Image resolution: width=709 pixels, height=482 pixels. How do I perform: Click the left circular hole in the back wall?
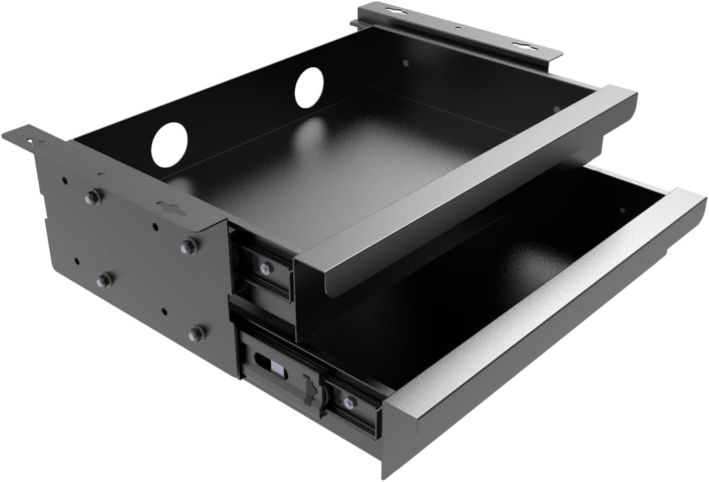tap(169, 144)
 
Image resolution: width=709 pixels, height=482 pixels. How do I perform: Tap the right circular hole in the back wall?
tap(309, 88)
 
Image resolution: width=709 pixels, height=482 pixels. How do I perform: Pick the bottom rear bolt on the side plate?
tap(104, 281)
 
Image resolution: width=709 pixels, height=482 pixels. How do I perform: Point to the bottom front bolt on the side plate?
tap(196, 334)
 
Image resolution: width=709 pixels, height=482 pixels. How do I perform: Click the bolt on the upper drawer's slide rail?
tap(265, 268)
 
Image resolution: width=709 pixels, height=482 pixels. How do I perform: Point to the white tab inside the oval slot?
tap(277, 369)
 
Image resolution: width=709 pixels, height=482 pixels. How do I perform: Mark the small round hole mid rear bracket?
tap(457, 28)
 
